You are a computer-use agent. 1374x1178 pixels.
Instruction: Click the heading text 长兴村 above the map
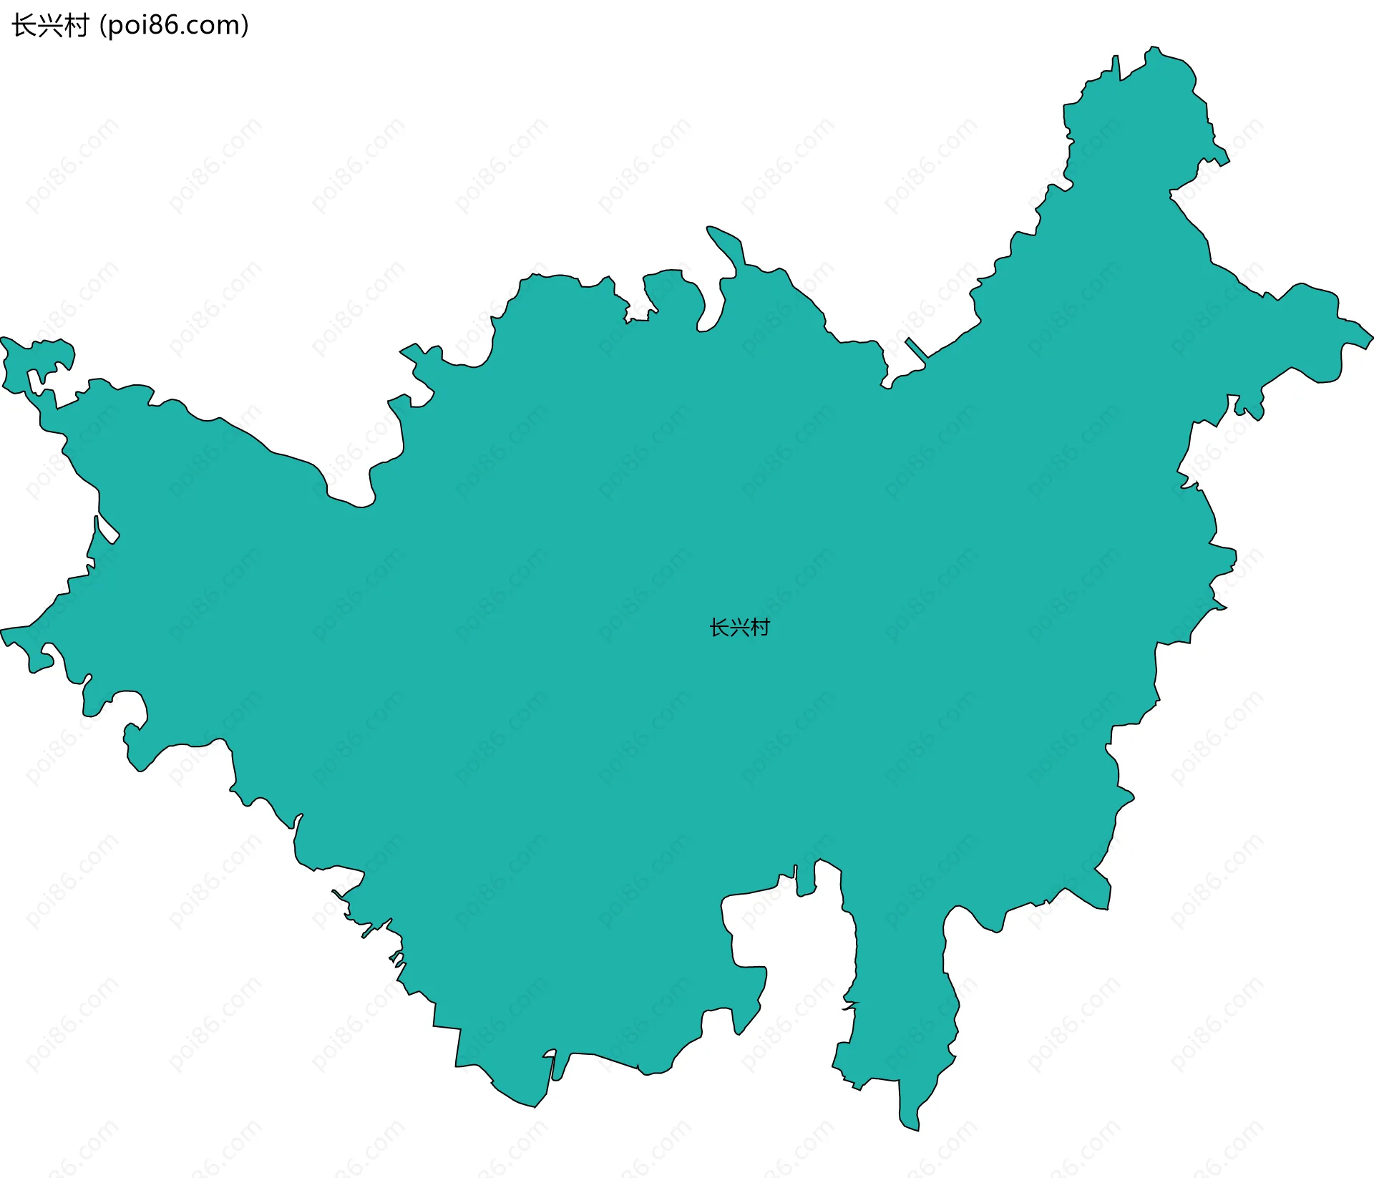(x=50, y=26)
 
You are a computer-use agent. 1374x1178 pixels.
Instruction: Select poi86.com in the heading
(x=174, y=26)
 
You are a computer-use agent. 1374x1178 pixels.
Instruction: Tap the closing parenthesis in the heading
(x=245, y=26)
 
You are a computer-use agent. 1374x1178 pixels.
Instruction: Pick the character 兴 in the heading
(x=50, y=26)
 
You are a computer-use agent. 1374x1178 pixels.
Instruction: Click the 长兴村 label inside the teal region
(x=739, y=628)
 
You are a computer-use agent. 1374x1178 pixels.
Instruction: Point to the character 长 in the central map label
(x=718, y=628)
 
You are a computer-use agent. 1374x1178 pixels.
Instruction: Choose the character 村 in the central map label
(x=760, y=628)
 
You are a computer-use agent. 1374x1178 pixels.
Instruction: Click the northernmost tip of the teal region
(x=1152, y=48)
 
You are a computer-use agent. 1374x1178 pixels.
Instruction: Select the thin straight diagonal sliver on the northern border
(x=917, y=348)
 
